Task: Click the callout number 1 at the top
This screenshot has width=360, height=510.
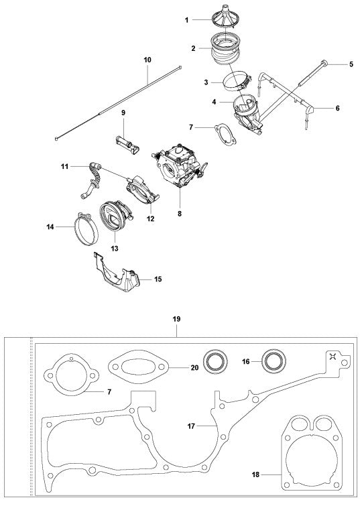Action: (x=186, y=21)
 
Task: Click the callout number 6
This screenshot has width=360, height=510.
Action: (x=337, y=108)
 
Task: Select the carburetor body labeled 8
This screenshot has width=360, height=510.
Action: (x=180, y=160)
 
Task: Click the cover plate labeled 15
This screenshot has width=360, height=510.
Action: (x=117, y=272)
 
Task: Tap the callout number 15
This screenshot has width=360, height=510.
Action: (x=158, y=278)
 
